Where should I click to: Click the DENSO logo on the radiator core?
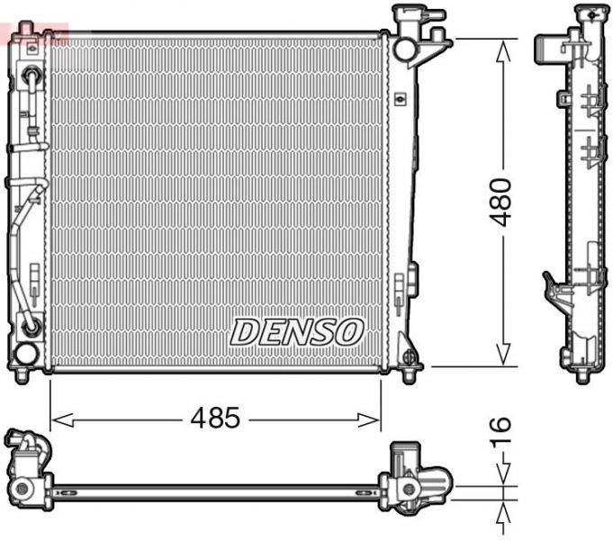297,331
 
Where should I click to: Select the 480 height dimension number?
501,202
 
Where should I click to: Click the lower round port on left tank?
30,326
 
